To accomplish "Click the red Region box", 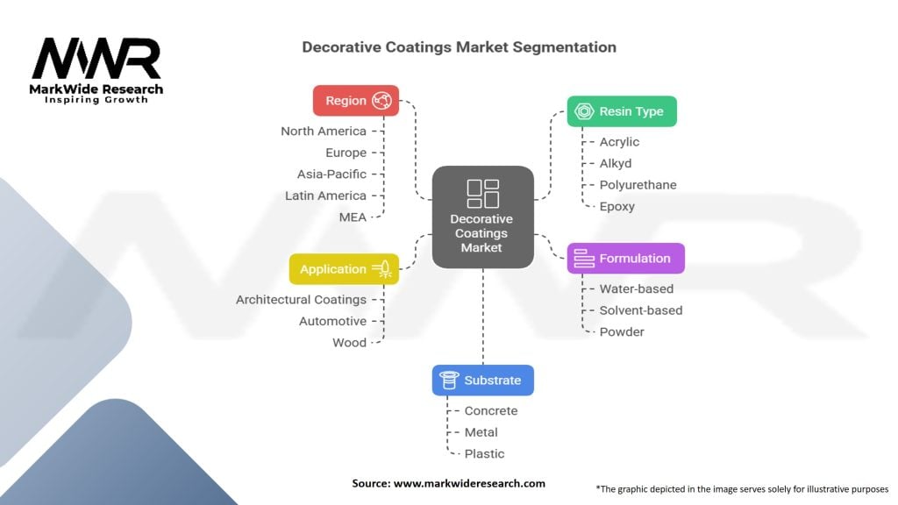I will (356, 100).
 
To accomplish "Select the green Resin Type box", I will (621, 111).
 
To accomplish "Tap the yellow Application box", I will (344, 269).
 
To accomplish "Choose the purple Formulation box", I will (624, 259).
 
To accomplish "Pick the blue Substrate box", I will (482, 380).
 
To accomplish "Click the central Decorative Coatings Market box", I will (482, 217).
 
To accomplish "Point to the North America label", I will (324, 132).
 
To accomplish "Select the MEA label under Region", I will (353, 217).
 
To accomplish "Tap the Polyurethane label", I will (638, 185).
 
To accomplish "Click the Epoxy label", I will (616, 207).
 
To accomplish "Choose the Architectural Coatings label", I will (301, 300).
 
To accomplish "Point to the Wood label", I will (349, 343).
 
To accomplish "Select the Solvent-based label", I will (640, 310).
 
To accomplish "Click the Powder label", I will (622, 332).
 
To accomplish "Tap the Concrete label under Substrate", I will (491, 411).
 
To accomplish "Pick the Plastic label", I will (484, 454).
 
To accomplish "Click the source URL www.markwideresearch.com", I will (469, 483).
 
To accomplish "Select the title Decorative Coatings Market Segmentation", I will (459, 47).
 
